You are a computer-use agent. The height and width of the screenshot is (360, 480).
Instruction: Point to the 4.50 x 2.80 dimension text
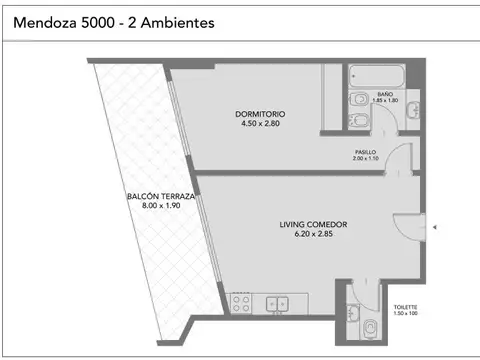pos(247,124)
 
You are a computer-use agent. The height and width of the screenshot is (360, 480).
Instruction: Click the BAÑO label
pos(386,92)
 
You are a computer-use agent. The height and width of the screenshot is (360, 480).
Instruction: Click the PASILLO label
pos(365,152)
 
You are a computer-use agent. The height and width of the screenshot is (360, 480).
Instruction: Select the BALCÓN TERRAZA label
pos(160,197)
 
